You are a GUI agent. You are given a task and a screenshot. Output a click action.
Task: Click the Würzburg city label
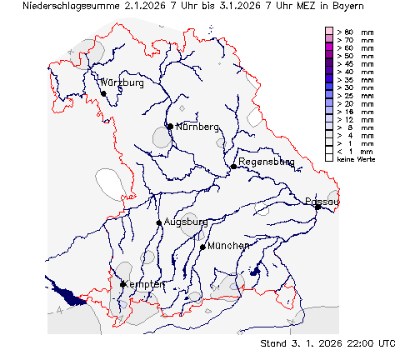(x=122, y=83)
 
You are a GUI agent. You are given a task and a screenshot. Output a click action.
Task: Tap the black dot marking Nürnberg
(x=169, y=127)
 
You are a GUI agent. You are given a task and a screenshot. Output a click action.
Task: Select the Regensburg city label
(x=266, y=162)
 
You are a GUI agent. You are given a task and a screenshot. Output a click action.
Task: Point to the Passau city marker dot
(x=317, y=207)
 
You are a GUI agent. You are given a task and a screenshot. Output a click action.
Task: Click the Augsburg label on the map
(x=186, y=222)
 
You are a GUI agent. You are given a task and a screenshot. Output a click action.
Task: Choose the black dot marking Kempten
(x=123, y=284)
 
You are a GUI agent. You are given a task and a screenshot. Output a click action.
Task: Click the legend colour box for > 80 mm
(x=329, y=30)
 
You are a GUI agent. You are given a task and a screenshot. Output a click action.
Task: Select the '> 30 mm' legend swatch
(x=329, y=87)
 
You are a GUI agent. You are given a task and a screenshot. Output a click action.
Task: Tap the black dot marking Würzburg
(x=103, y=93)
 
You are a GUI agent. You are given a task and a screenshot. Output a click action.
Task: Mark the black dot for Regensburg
(x=234, y=167)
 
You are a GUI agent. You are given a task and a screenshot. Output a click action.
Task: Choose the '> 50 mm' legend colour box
(x=329, y=55)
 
